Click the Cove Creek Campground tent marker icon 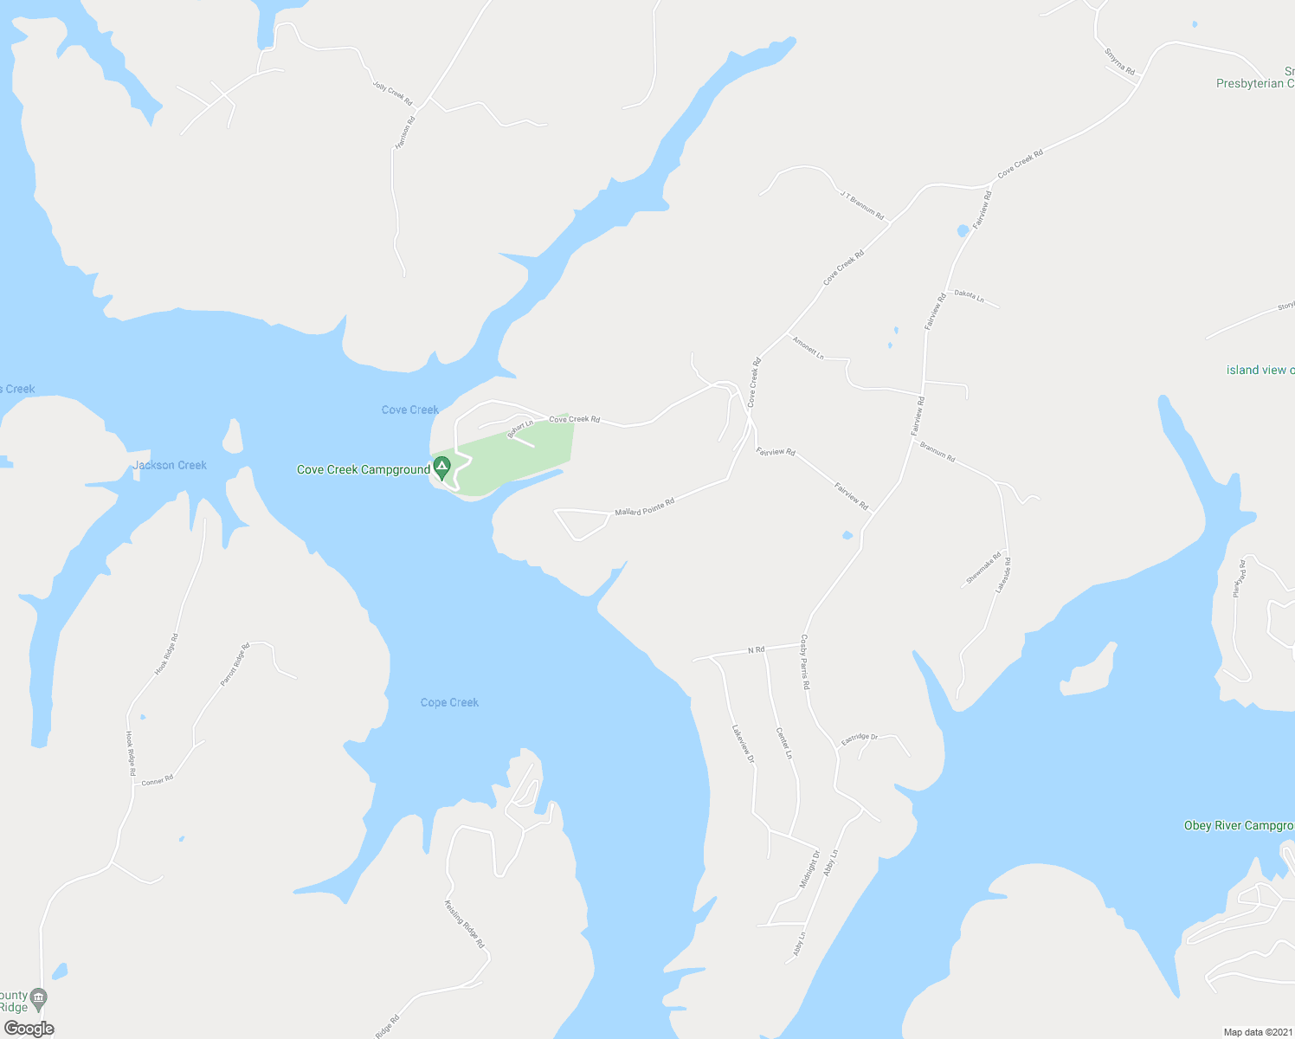441,468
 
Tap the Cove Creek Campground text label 364,470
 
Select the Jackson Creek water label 170,465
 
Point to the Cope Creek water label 449,702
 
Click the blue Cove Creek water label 410,410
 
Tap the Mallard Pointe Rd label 644,507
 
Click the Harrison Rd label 404,132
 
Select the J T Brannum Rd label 861,204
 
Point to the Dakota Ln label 969,296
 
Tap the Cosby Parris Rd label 805,661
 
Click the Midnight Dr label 809,869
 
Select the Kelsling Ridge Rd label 464,924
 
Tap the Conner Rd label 158,780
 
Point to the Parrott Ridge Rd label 235,664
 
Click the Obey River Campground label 1239,825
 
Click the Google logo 29,1029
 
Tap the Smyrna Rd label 1119,61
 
